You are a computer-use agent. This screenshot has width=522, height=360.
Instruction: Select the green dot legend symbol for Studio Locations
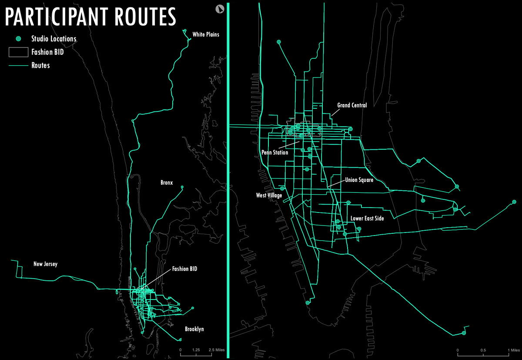(19, 39)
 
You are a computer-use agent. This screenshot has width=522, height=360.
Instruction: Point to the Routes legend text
(40, 66)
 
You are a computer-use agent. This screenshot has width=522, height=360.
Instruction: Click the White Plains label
(206, 34)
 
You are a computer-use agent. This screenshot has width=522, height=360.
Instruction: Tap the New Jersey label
(45, 264)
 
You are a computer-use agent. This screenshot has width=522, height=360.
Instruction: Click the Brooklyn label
(194, 329)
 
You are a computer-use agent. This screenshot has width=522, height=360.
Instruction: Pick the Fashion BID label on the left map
(184, 269)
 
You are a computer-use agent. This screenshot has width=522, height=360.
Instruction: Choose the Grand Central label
(352, 105)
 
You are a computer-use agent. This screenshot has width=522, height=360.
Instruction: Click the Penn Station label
(274, 153)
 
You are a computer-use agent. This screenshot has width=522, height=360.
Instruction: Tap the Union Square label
(359, 180)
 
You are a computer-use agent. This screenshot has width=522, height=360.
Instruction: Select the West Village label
(269, 196)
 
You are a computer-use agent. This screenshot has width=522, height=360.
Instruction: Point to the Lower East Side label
(367, 219)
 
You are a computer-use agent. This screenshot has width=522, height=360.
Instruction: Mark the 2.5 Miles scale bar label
(216, 350)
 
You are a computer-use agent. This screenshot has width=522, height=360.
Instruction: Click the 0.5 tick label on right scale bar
(483, 350)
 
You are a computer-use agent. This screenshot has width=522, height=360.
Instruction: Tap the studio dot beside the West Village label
(282, 188)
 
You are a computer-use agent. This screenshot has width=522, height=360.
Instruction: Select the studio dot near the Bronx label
(182, 187)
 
